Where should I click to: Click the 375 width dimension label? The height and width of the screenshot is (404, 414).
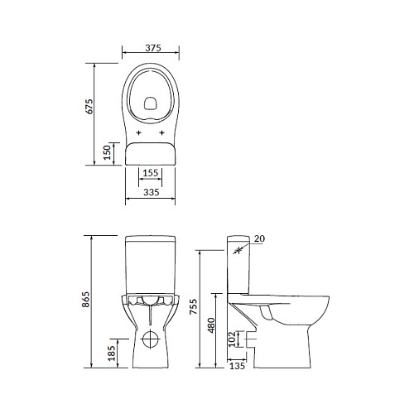[x=153, y=48]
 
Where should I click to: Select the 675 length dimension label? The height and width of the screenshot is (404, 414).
[x=89, y=107]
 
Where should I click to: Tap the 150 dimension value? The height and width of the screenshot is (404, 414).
[x=107, y=152]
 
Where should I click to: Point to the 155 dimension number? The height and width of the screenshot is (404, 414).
[x=151, y=173]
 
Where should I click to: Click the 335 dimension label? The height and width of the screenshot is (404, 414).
[x=152, y=192]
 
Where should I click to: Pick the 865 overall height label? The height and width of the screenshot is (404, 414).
[x=86, y=300]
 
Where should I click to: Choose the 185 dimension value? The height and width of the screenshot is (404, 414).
[x=112, y=353]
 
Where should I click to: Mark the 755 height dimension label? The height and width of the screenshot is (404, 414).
[x=194, y=306]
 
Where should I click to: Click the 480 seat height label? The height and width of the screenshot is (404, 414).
[x=211, y=325]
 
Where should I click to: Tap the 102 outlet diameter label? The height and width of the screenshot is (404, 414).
[x=232, y=339]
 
